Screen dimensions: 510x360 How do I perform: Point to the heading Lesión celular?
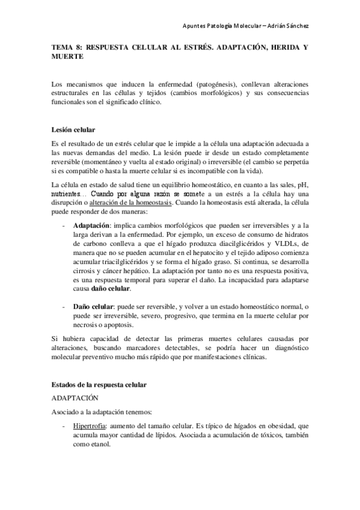(x=73, y=130)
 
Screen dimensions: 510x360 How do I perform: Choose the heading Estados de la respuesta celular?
(x=99, y=384)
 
